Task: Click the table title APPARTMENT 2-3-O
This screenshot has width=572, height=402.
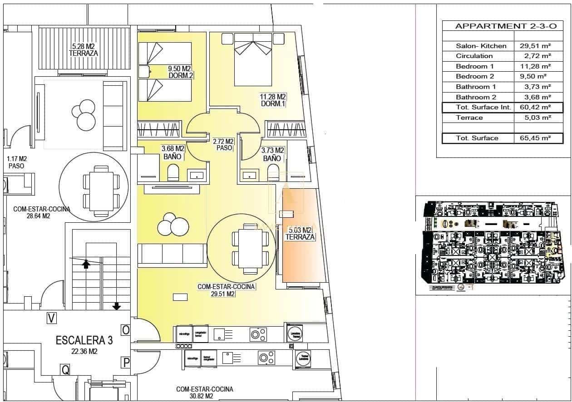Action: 506,26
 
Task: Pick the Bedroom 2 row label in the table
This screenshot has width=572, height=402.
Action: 475,76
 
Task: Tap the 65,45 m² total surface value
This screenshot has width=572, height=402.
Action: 535,138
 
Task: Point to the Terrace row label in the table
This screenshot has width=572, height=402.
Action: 469,118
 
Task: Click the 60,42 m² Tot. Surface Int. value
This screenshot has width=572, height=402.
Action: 535,108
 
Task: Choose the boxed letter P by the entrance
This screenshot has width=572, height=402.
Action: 126,362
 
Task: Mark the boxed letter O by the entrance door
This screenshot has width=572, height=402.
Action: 126,330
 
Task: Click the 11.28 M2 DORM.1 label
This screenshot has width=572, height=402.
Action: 273,100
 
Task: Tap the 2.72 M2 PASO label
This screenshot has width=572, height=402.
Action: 223,145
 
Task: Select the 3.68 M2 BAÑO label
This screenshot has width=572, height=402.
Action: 173,152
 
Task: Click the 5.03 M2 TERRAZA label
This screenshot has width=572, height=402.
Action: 300,233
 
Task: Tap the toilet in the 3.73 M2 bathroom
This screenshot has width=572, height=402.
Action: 273,172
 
